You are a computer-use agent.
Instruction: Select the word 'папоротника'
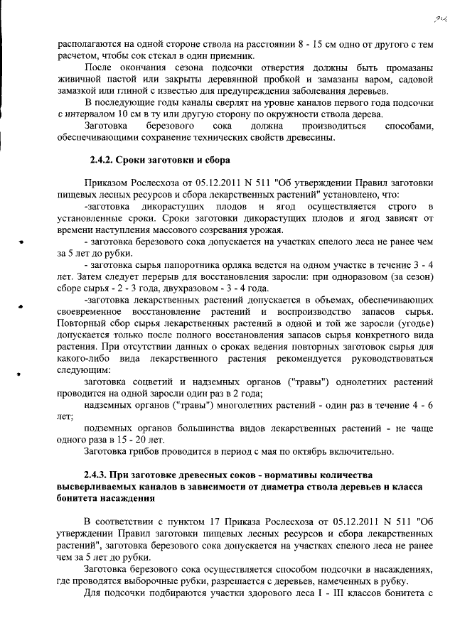click(x=182, y=265)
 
